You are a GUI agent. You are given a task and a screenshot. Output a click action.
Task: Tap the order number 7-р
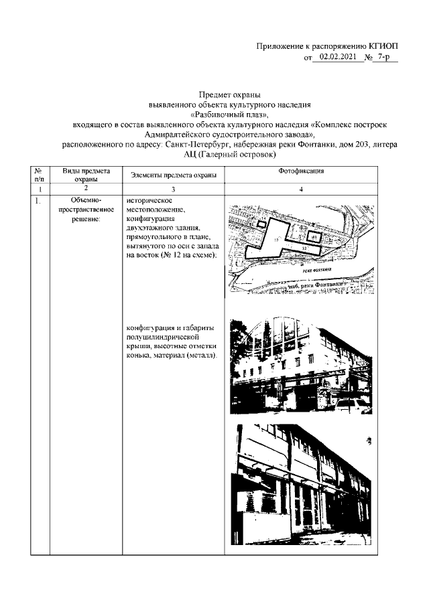(x=387, y=58)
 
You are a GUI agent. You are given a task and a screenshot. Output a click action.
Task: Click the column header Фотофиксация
(x=300, y=171)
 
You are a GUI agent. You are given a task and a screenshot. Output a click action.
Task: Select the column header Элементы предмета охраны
(x=173, y=175)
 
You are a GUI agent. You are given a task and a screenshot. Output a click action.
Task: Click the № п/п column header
(x=40, y=175)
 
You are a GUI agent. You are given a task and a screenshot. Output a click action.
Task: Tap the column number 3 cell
(x=173, y=190)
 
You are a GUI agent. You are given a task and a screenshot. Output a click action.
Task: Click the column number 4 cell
(x=300, y=190)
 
